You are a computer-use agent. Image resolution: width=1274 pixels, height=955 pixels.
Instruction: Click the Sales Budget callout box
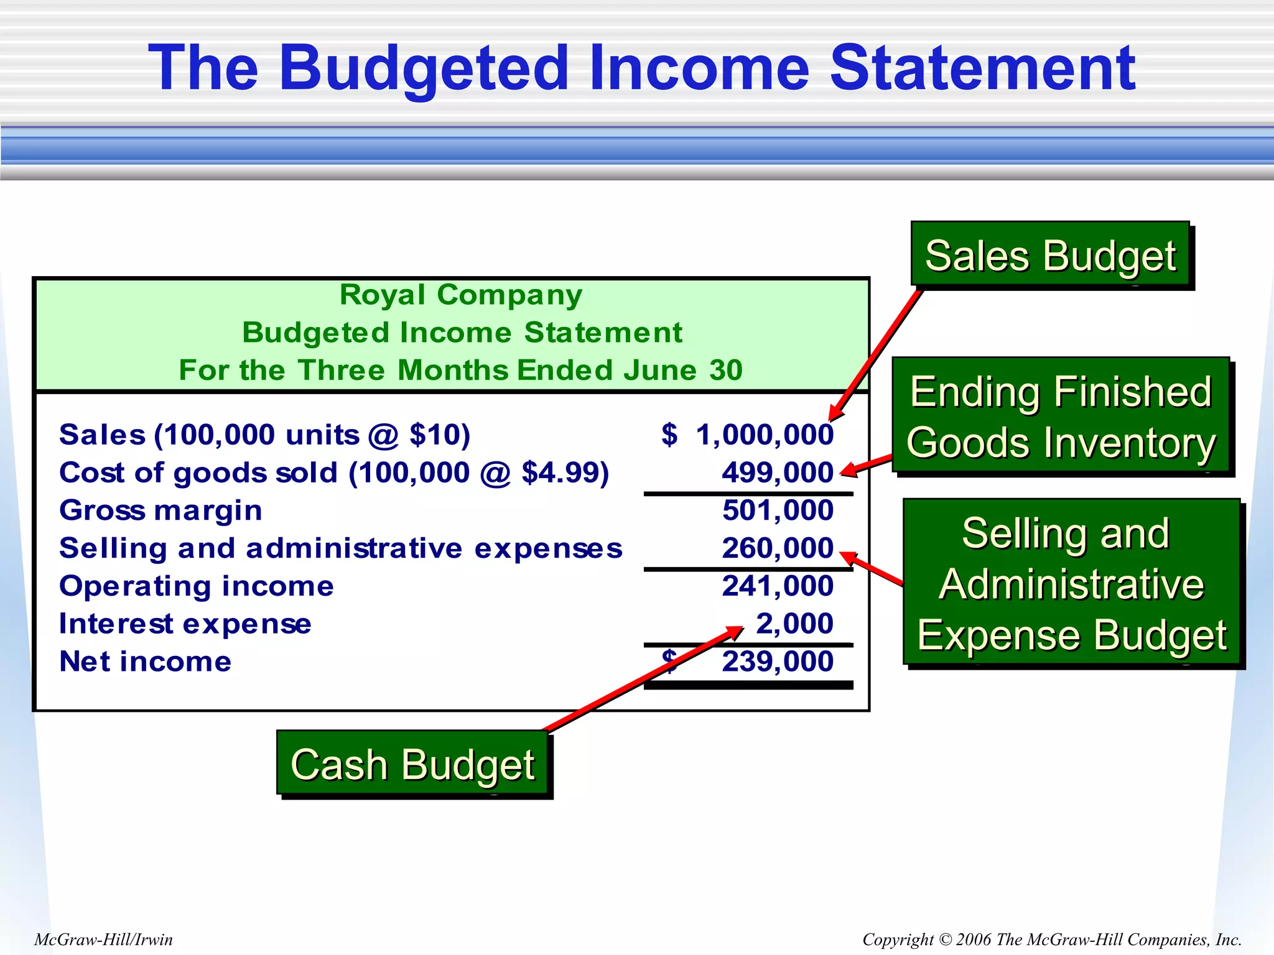[1050, 255]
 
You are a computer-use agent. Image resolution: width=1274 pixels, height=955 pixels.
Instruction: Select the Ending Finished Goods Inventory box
[1061, 416]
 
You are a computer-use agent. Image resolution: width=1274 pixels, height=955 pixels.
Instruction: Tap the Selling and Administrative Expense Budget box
[1071, 583]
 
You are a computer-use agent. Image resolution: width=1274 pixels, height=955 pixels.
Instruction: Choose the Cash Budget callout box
[412, 764]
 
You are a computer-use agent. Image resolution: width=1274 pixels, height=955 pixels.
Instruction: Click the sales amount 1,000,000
[764, 435]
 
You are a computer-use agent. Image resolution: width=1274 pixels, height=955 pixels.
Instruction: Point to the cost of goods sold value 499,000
[777, 473]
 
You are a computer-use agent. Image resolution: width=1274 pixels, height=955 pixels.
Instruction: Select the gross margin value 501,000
[778, 510]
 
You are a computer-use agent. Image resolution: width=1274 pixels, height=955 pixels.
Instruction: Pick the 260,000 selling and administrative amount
[777, 548]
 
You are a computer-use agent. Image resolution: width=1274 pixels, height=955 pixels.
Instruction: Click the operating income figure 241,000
[777, 586]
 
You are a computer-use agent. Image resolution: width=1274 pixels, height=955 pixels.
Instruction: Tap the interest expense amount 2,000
[794, 624]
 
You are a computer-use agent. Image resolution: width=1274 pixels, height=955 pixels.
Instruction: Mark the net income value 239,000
[777, 662]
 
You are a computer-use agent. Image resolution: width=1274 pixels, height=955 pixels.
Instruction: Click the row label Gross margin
[160, 510]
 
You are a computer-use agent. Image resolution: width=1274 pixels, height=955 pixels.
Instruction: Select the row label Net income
[145, 662]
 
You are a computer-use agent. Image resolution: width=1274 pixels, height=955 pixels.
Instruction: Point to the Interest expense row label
[185, 624]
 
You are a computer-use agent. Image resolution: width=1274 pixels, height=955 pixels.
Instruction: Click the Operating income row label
[196, 586]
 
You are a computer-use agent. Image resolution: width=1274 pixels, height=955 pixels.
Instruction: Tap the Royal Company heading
[460, 295]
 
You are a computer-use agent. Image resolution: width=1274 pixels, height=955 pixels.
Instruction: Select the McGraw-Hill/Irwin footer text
[103, 939]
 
